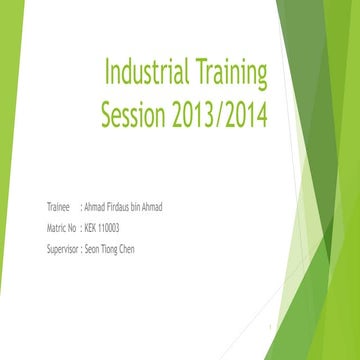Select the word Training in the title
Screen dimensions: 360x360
[232, 75]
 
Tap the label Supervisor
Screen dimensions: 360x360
[63, 249]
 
